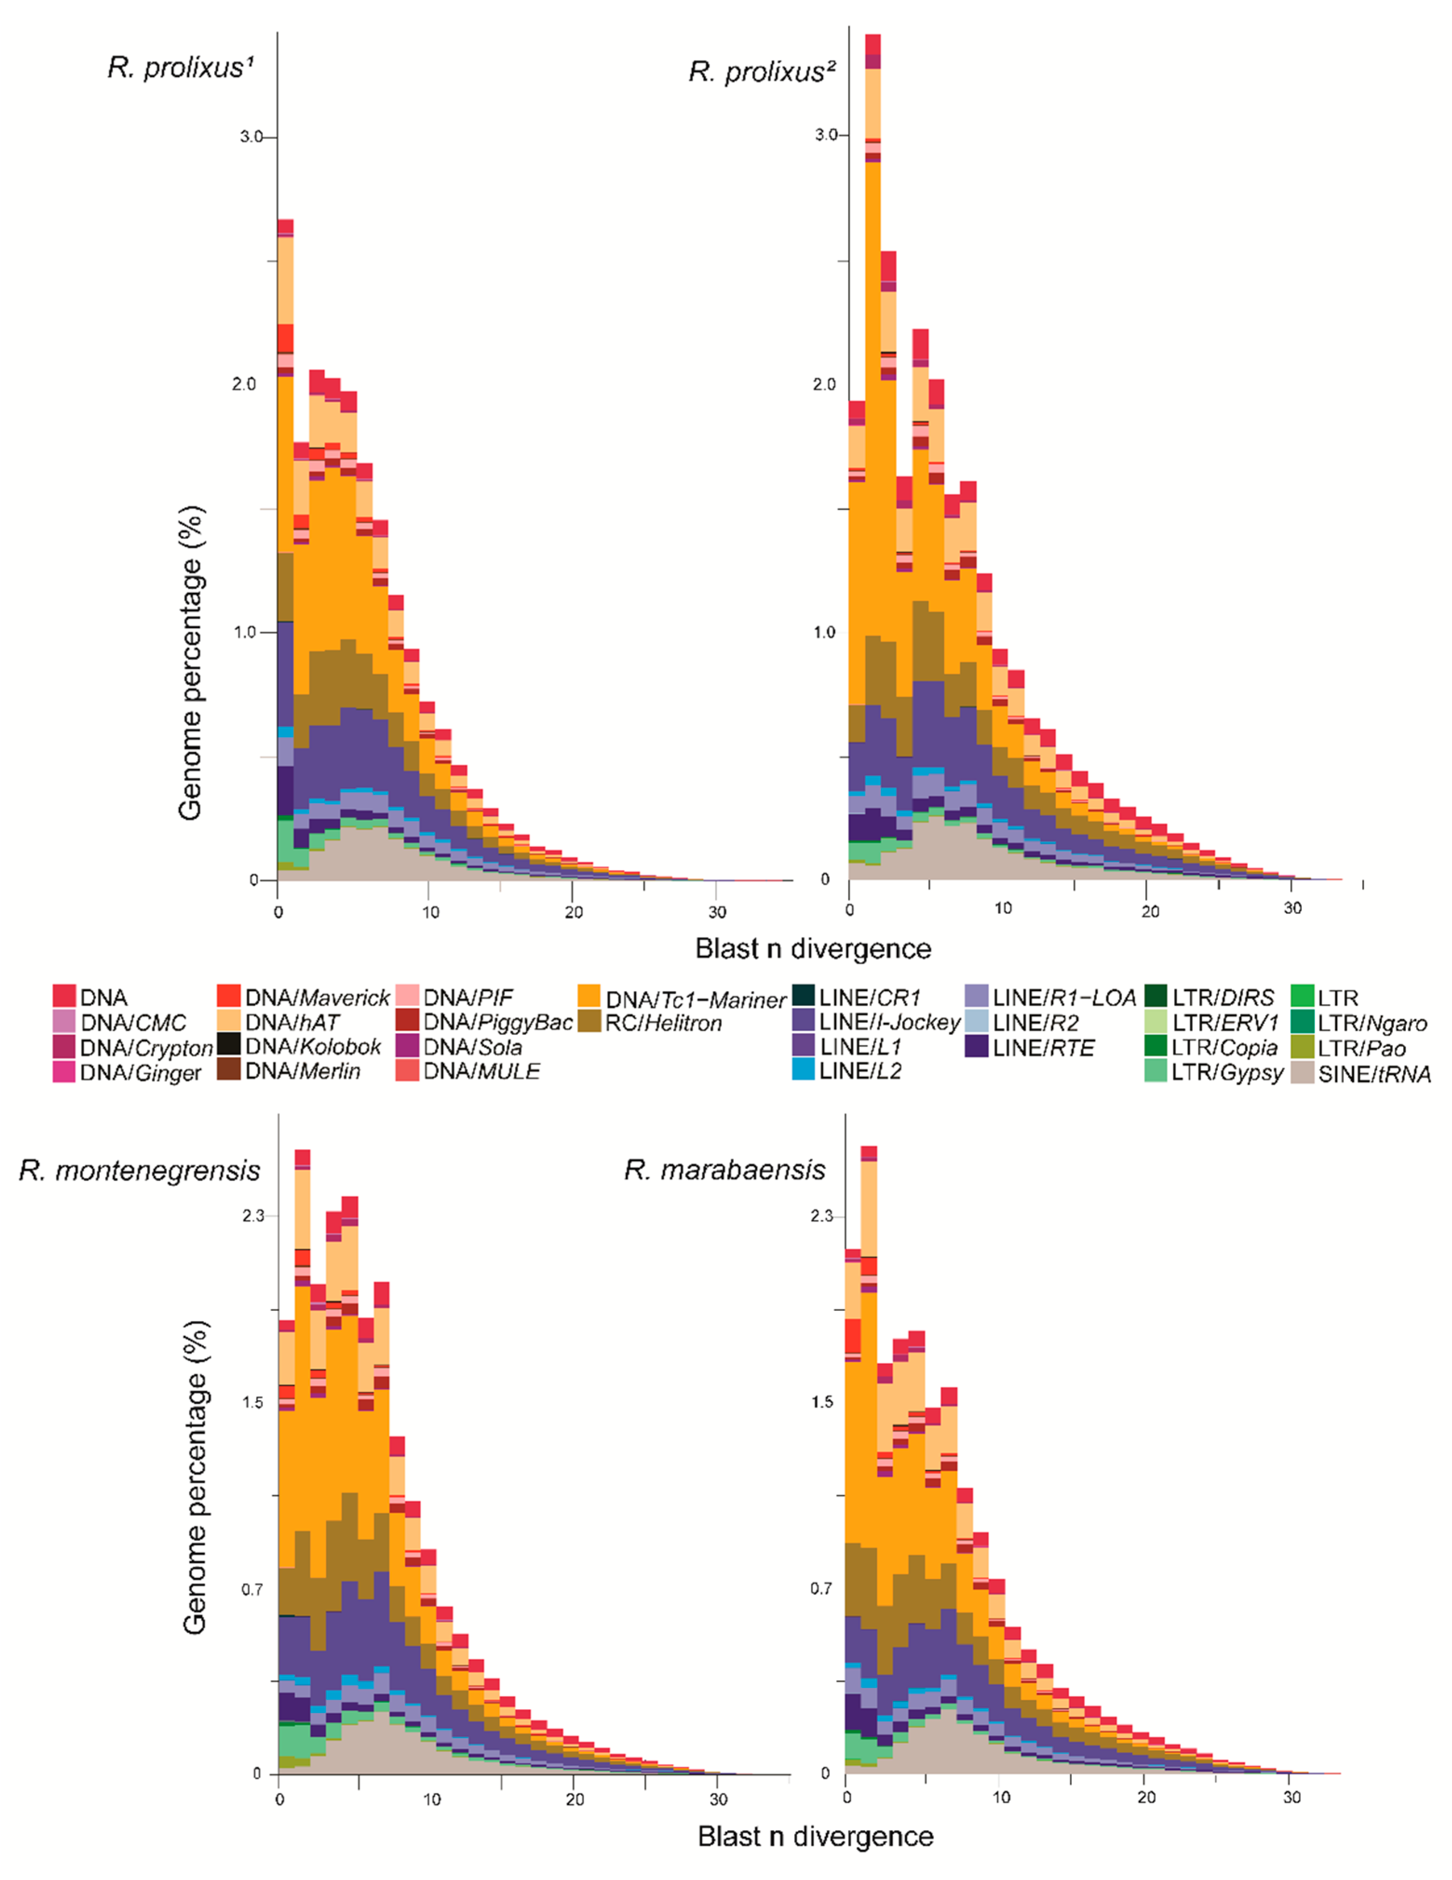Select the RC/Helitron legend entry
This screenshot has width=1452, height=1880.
click(663, 1023)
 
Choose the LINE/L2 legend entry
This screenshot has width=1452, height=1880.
click(859, 1071)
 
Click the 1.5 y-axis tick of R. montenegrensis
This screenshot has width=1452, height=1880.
click(252, 1402)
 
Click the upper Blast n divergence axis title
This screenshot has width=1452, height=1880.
click(813, 948)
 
